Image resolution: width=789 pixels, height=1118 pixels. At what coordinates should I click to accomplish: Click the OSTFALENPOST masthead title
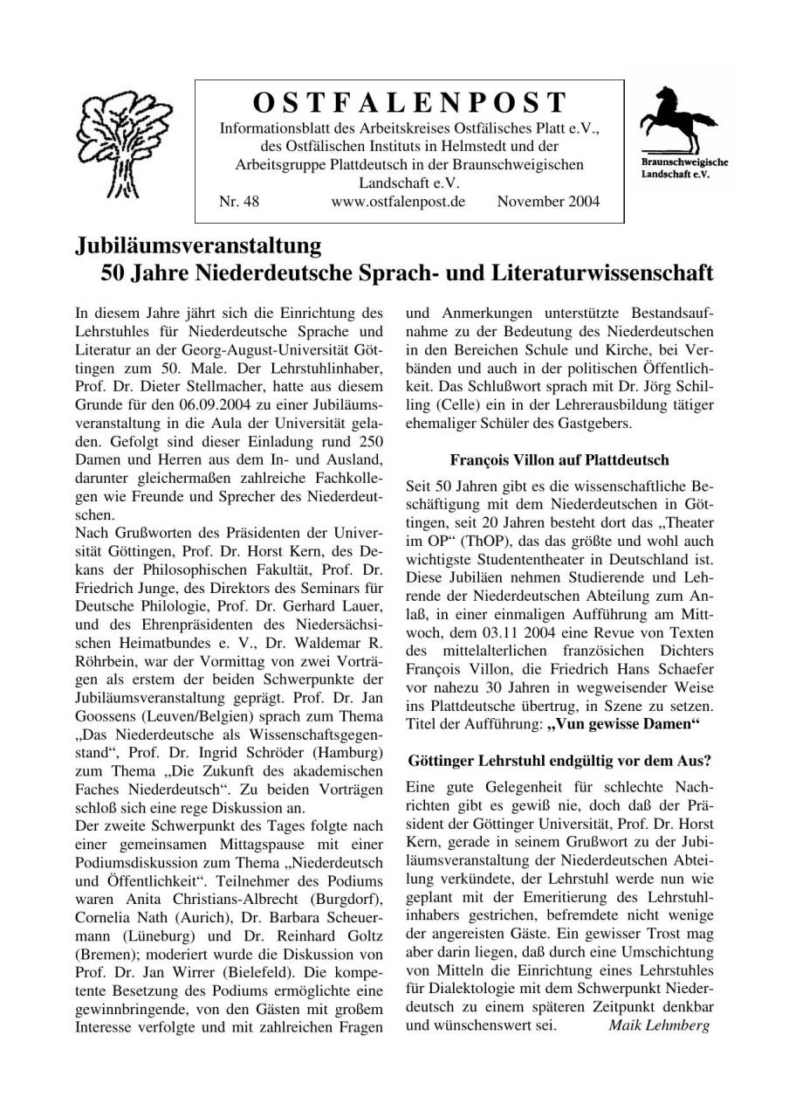click(x=409, y=103)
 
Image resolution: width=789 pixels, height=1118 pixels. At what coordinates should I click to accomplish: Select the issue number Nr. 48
click(x=239, y=203)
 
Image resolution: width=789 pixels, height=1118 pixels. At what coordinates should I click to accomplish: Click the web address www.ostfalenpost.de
click(x=398, y=203)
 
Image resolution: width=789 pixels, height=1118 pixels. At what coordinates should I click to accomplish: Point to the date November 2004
click(x=548, y=203)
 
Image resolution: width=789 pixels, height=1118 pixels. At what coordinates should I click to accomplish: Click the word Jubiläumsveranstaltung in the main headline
click(x=198, y=245)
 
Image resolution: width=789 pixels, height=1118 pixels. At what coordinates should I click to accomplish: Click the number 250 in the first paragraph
click(x=369, y=441)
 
